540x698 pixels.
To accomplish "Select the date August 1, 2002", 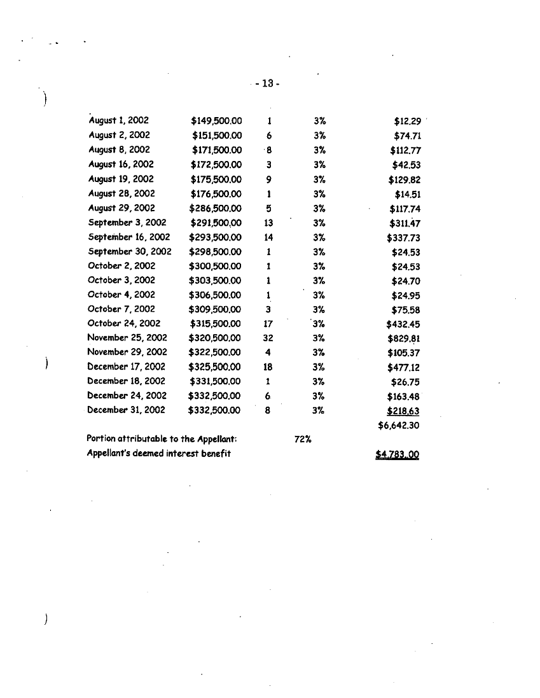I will tap(118, 120).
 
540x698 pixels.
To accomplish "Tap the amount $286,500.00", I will tap(216, 208).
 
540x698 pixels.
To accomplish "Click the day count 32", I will tap(268, 339).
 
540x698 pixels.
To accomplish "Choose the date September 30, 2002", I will tap(130, 251).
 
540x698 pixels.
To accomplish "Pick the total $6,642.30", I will tap(399, 426).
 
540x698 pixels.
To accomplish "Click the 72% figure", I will tap(302, 439).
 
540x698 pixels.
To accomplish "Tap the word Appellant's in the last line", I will tap(110, 453).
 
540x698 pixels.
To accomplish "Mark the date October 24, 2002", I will tap(124, 323).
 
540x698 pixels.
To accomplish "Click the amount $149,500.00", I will tap(216, 120).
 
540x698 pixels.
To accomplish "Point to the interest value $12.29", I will tap(407, 120).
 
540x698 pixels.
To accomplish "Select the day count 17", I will tap(268, 324).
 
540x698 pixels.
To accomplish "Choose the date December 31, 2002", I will tap(126, 410).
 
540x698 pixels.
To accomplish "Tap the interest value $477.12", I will tap(404, 367).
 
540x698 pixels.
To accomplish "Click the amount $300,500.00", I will tap(216, 266).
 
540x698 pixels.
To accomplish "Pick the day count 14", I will tap(268, 237).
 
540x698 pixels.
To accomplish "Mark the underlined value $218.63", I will tap(405, 411).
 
